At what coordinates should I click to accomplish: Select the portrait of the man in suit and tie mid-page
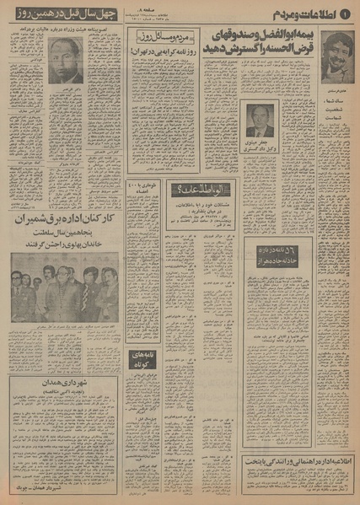[260, 120]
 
